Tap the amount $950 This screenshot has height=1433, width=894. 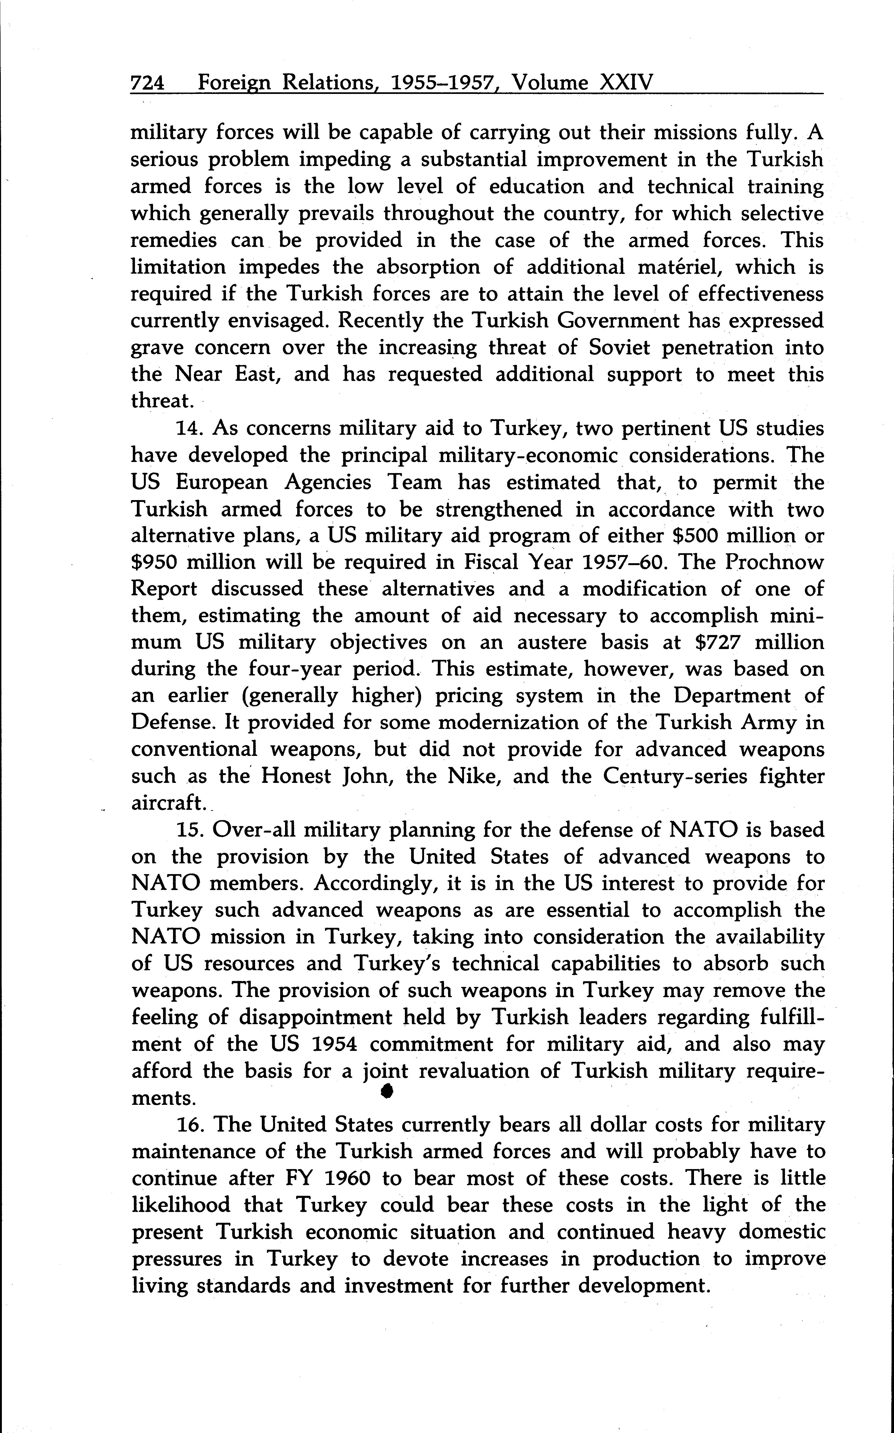154,562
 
